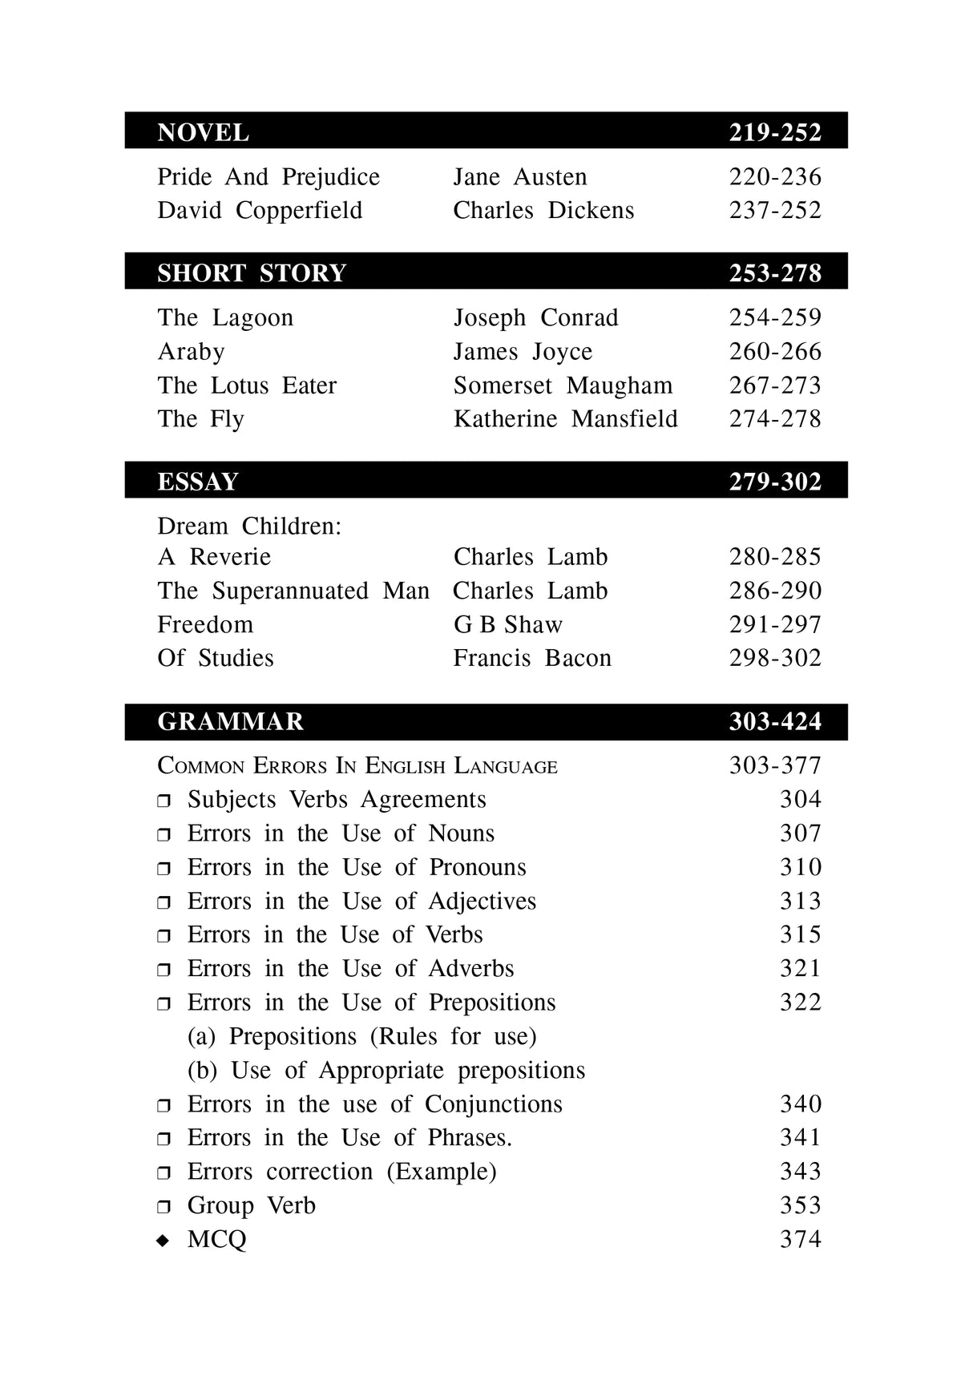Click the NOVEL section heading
point(203,132)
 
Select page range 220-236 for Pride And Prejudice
point(774,177)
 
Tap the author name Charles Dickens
point(543,211)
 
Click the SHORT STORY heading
point(252,273)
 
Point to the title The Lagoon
point(225,318)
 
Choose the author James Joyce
point(523,352)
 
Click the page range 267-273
point(774,385)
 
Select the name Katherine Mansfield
point(565,419)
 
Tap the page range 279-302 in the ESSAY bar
point(774,482)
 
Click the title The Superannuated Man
point(293,591)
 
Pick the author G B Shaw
point(508,625)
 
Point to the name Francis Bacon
point(532,659)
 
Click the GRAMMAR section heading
point(231,722)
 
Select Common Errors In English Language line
point(357,766)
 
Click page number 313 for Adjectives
point(800,902)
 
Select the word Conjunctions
point(493,1104)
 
